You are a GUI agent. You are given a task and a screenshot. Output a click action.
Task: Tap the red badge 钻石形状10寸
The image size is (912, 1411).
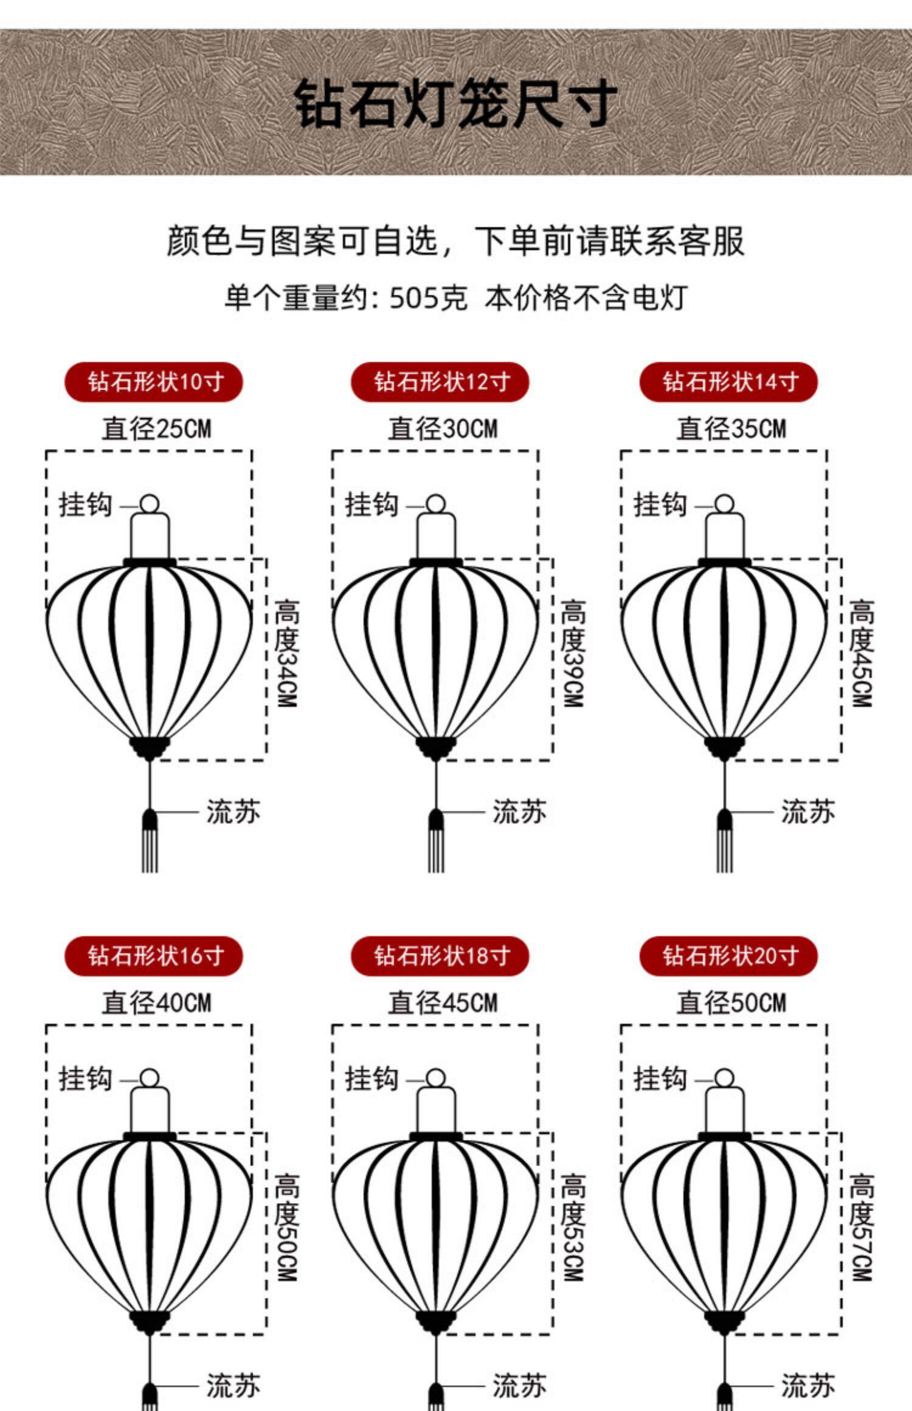coord(154,382)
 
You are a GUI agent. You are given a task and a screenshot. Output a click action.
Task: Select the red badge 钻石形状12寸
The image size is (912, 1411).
coord(440,382)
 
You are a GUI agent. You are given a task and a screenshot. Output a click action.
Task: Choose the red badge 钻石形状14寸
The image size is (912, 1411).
coord(728,382)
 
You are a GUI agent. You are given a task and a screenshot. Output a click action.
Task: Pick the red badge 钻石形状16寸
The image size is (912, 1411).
coord(154,956)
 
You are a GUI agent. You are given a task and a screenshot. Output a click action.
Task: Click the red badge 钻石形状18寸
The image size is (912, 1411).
coord(440,956)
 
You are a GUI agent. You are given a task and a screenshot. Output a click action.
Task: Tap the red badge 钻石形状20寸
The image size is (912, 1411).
coord(728,956)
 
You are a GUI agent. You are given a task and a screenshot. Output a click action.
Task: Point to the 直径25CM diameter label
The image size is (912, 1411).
coord(156,428)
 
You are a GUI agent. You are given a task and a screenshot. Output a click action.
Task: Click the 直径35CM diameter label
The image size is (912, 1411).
coord(731,428)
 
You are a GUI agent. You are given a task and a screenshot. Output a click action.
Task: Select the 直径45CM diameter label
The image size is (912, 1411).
coord(443,1003)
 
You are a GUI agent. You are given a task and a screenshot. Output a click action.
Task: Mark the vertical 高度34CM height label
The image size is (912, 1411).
coord(286,653)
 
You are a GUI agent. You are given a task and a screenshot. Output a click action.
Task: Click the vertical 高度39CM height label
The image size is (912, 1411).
coord(573,653)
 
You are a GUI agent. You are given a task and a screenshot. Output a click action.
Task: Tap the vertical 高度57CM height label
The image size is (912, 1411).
coord(861,1227)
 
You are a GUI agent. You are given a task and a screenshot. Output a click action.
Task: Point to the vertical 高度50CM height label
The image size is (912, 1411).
coord(286,1227)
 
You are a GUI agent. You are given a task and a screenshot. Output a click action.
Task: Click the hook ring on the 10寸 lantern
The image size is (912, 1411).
coord(149,504)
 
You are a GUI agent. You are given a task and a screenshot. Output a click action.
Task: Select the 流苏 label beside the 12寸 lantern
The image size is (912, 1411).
coord(519,812)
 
